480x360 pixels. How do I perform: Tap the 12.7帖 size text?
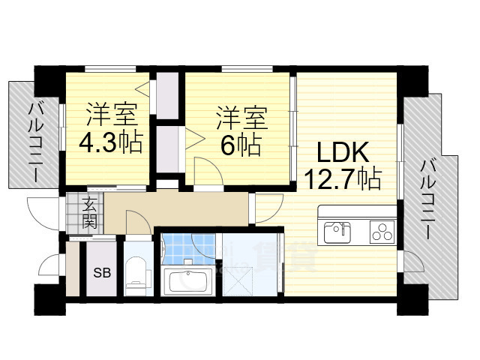343,178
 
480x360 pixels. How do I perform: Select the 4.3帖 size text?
111,142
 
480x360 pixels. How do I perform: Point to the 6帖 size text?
241,144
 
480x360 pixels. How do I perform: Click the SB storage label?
102,272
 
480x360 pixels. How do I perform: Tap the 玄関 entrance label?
89,213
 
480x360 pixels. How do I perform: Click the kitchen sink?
337,231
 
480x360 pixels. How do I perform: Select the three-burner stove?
382,232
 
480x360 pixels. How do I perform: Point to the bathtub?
188,282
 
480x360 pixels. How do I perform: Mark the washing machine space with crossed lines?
238,281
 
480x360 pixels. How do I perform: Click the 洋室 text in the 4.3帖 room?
111,115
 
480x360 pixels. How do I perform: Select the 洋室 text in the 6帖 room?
241,117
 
